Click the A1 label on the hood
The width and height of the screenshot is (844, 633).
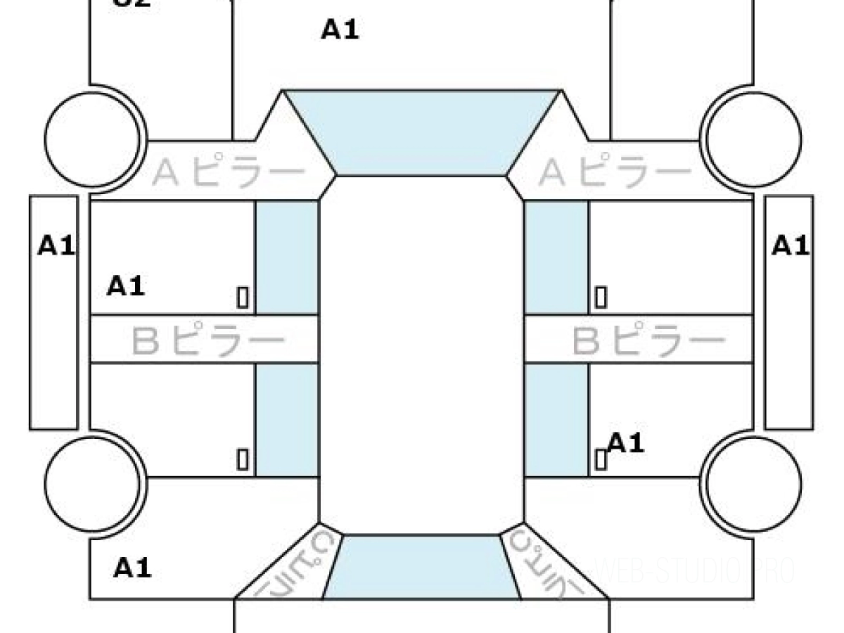click(x=340, y=30)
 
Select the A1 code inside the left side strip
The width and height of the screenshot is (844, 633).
click(x=56, y=245)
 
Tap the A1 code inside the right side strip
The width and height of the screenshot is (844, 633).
click(x=791, y=245)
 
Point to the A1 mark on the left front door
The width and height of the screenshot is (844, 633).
click(x=126, y=286)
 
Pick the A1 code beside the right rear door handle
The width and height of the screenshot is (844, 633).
click(x=625, y=443)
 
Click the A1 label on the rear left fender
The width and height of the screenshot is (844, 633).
click(x=133, y=567)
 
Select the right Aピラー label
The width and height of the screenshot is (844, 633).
click(x=615, y=172)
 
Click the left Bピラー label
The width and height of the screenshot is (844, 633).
click(x=208, y=341)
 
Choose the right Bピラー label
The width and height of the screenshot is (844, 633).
click(x=648, y=341)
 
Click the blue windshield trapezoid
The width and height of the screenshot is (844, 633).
click(x=421, y=132)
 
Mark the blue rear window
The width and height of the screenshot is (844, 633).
click(x=421, y=566)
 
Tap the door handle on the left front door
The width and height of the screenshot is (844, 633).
click(x=243, y=298)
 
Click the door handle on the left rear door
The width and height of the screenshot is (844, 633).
click(x=243, y=459)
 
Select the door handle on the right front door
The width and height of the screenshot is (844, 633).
click(x=601, y=298)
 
